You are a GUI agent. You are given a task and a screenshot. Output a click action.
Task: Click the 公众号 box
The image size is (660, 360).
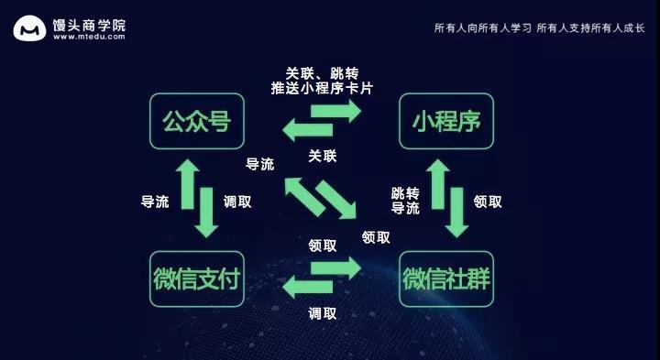click(197, 121)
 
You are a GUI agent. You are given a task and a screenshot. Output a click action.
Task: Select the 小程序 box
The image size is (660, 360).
click(446, 121)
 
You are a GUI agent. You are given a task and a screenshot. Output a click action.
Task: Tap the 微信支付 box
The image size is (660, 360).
click(197, 278)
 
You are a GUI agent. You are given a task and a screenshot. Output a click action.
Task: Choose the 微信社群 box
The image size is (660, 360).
click(446, 278)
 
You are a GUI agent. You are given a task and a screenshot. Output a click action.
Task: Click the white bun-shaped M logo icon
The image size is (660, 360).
click(29, 28)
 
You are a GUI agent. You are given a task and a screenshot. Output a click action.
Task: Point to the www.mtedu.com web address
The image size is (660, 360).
click(89, 37)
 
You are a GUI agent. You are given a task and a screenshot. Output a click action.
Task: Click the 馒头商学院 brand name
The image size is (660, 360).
click(89, 25)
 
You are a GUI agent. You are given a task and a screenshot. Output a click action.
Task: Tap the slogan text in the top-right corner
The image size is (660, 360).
click(540, 28)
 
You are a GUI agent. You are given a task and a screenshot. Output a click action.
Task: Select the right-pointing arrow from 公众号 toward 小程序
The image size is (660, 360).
click(335, 111)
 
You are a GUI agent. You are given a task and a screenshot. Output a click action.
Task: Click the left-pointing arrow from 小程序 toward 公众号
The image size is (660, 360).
click(308, 129)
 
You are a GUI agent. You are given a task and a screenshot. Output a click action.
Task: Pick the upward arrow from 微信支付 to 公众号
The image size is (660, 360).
click(187, 184)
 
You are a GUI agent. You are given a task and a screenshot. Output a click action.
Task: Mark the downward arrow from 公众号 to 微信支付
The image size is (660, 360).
click(206, 213)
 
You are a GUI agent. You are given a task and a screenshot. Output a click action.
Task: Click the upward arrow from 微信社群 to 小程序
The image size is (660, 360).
click(438, 184)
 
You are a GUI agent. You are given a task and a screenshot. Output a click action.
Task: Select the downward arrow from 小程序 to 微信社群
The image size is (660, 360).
click(456, 213)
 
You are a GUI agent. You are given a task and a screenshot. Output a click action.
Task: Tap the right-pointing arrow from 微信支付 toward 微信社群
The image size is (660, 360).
click(335, 268)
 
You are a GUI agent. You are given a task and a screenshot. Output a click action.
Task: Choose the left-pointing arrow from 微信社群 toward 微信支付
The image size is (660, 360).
click(308, 288)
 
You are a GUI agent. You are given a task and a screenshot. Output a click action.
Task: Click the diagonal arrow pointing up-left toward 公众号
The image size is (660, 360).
click(304, 197)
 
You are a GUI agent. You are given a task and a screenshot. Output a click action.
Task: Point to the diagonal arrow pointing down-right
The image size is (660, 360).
click(336, 200)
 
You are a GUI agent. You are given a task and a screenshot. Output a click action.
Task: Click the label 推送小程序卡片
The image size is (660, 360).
click(322, 88)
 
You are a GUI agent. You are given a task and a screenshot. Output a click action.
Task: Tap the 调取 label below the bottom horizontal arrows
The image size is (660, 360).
click(323, 313)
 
